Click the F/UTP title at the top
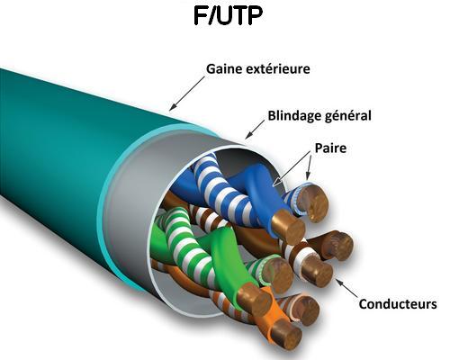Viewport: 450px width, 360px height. [x=228, y=15]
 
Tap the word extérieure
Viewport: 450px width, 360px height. [x=278, y=69]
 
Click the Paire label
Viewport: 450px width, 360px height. [x=330, y=148]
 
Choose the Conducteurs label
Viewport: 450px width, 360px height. [x=398, y=304]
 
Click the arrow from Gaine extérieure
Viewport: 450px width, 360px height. [x=187, y=94]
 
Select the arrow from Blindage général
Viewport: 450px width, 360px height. [x=255, y=130]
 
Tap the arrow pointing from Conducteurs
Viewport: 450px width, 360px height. [x=346, y=288]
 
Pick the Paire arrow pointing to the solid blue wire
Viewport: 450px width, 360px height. [x=292, y=169]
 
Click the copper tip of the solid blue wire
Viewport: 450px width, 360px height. [x=288, y=227]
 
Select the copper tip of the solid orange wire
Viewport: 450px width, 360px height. [x=285, y=335]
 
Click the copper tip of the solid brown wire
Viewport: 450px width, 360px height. [x=337, y=246]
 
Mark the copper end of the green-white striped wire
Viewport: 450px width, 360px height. [x=277, y=275]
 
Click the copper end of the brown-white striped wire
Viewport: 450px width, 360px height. [x=317, y=271]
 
